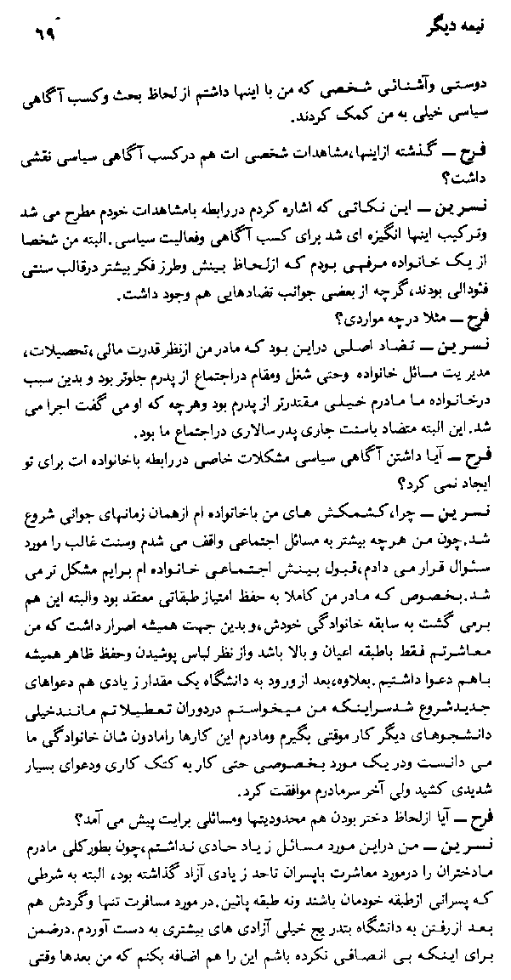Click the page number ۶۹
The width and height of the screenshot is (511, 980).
[x=41, y=37]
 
